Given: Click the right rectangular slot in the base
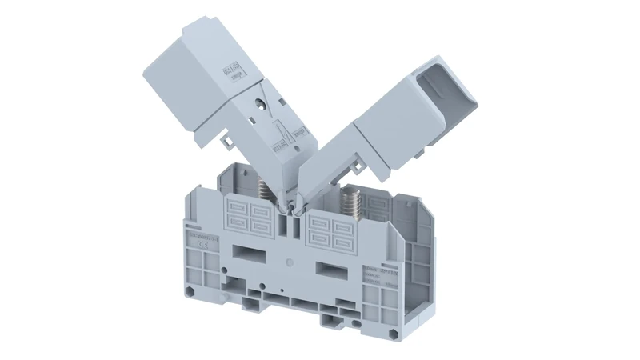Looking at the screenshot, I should [x=333, y=266].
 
